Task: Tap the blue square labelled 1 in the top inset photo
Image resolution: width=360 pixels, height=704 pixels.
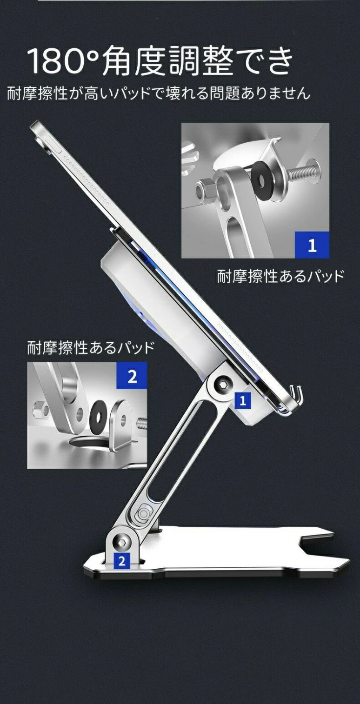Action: tap(312, 245)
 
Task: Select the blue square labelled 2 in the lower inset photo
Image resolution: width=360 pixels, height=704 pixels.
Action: tap(132, 375)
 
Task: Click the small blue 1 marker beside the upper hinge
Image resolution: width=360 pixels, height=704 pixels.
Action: tap(243, 400)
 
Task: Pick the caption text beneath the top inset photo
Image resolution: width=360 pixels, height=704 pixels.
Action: tap(280, 277)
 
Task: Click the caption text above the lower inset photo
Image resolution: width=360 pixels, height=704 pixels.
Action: tap(91, 348)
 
